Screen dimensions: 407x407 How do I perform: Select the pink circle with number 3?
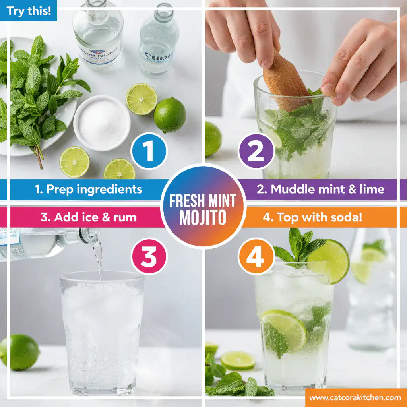149,257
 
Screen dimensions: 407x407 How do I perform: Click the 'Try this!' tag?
29,10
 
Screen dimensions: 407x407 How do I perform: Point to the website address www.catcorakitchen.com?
355,397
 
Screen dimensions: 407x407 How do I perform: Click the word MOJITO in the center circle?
203,218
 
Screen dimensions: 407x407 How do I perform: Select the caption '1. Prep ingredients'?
88,189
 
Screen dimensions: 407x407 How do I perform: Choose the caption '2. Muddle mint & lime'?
320,189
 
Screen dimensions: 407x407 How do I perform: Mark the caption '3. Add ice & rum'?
88,217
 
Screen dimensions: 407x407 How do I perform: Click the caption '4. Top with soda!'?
312,217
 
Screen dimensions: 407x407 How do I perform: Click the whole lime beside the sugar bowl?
170,115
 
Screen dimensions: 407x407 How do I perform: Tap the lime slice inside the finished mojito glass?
284,329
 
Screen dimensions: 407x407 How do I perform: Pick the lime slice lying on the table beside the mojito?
238,360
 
